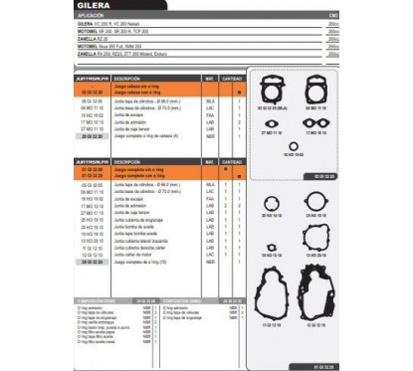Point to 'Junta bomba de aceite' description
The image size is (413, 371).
134,227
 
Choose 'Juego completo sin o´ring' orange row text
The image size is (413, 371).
138,169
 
